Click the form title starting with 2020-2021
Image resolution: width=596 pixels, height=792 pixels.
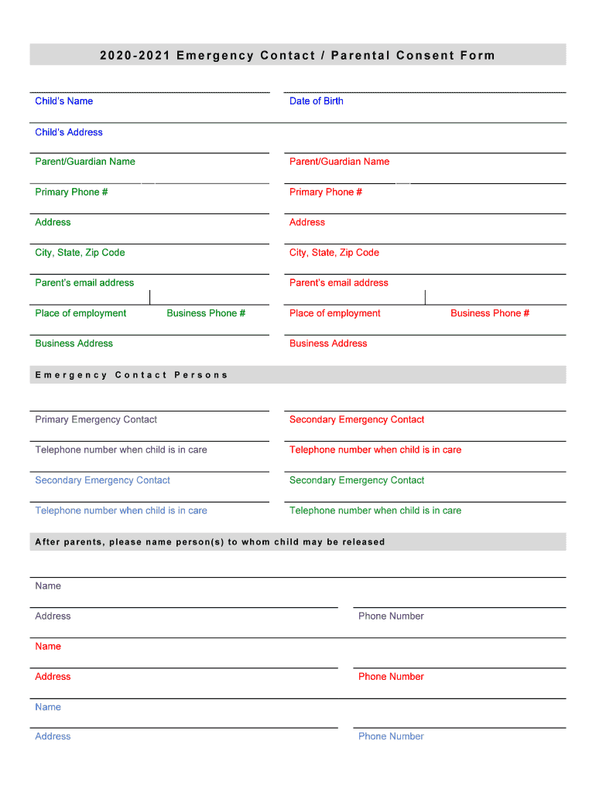coord(297,55)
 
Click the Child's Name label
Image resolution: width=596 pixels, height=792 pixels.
coord(63,101)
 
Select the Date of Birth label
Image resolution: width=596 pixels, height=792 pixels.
coord(316,101)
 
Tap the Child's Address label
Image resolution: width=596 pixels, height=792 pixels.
coord(68,132)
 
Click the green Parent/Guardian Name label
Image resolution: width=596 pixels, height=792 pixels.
coord(84,162)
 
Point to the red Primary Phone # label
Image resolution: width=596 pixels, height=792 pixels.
coord(325,192)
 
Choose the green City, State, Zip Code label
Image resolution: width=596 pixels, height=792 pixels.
coord(80,253)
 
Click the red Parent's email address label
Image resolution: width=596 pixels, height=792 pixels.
coord(338,283)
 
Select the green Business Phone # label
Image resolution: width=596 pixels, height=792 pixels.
coord(206,313)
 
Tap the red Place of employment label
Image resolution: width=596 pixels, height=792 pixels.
coord(334,313)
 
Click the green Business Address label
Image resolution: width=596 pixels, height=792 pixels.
coord(74,343)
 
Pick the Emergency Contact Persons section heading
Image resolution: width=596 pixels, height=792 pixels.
coord(132,375)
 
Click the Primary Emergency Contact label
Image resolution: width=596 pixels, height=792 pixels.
coord(96,420)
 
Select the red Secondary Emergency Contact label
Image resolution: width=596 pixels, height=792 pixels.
coord(356,420)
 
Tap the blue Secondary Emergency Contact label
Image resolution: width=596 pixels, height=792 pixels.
coord(102,480)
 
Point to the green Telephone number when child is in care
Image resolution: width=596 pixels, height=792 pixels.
coord(375,510)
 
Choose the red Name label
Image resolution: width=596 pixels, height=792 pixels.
coord(48,647)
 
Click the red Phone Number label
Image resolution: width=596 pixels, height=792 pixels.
coord(391,677)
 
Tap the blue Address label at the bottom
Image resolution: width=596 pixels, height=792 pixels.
coord(53,736)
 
